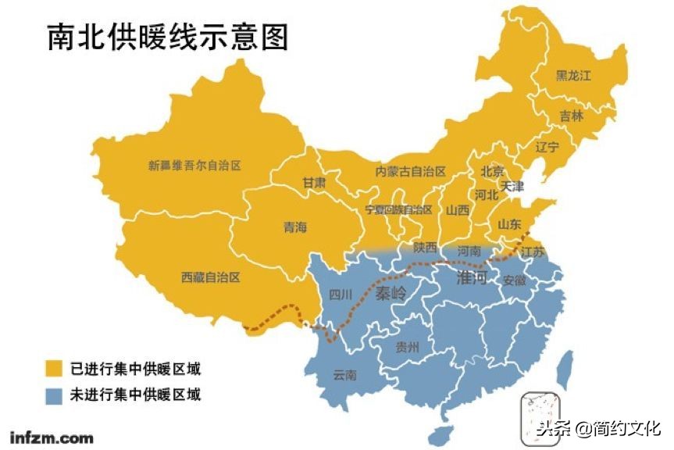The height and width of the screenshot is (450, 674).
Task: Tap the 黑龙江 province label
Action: (x=574, y=76)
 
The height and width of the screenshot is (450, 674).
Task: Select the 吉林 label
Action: (x=571, y=116)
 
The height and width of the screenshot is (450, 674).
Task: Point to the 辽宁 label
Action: (x=547, y=147)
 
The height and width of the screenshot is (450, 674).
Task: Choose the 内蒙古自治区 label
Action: (x=410, y=171)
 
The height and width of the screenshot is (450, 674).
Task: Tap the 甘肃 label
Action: (x=314, y=182)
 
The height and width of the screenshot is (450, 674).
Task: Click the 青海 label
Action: (x=295, y=227)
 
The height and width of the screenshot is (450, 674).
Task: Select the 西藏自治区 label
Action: (x=210, y=277)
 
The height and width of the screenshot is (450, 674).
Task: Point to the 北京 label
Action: (x=492, y=171)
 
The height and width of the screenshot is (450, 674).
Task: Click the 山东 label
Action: (x=509, y=224)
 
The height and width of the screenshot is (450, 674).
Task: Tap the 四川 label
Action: (x=341, y=295)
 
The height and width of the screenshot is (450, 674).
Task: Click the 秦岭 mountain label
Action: (x=391, y=294)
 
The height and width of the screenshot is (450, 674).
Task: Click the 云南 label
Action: (x=344, y=375)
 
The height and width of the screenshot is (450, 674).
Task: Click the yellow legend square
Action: (x=54, y=368)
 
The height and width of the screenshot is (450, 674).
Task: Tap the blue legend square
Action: (x=54, y=395)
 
